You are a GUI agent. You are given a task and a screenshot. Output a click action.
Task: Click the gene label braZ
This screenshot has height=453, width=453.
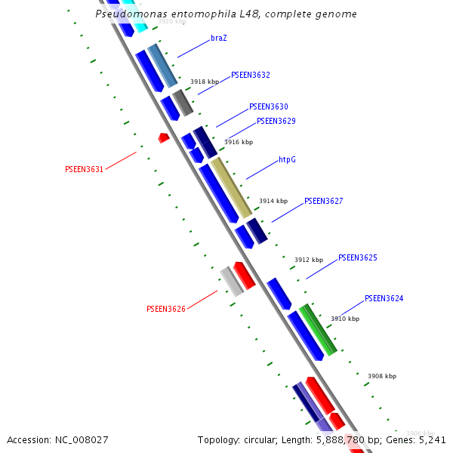(219, 38)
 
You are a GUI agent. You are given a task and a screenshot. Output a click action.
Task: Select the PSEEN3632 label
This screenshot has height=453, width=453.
(251, 75)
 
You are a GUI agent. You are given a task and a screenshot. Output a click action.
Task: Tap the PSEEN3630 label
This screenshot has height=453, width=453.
(268, 107)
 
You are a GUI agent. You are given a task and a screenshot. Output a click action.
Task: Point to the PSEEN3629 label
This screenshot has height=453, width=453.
(276, 121)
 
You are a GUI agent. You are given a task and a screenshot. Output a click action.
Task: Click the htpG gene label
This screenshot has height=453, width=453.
(287, 160)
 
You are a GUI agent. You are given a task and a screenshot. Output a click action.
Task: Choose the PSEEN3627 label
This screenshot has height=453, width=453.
(323, 202)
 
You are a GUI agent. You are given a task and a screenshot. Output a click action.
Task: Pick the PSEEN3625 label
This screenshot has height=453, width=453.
(357, 258)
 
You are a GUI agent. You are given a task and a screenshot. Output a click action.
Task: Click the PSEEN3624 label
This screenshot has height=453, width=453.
(384, 299)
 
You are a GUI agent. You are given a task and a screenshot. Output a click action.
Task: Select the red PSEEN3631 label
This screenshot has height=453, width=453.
(84, 170)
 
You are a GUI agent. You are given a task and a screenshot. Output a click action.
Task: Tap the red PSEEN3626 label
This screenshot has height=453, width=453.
(165, 310)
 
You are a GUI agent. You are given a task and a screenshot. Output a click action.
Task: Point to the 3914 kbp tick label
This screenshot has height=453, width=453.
(273, 202)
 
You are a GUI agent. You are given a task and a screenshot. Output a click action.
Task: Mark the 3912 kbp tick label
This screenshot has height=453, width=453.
(308, 260)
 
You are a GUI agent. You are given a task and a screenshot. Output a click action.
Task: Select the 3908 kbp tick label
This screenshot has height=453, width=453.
(381, 376)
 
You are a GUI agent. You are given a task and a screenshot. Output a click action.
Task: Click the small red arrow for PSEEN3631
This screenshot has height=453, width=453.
(163, 137)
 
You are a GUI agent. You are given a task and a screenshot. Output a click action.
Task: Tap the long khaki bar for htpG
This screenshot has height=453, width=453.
(230, 187)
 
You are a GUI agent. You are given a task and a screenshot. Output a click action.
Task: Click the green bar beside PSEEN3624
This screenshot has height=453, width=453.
(317, 330)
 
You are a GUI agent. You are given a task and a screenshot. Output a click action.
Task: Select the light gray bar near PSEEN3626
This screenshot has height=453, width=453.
(232, 282)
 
